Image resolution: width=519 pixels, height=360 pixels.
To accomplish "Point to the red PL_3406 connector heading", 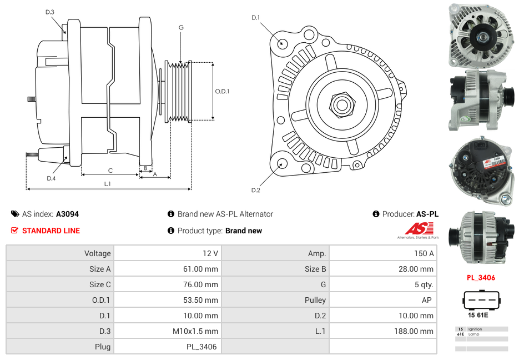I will pos(481,278).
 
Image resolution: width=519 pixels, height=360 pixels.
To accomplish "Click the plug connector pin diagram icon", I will pos(481,301).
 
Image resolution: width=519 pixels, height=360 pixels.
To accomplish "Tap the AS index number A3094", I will pos(67,214).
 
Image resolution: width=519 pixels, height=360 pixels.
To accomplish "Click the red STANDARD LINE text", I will pos(51,231).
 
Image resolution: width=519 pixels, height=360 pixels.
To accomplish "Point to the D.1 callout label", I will pos(255,18).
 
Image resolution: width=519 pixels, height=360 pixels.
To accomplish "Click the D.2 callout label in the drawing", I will pos(255,191).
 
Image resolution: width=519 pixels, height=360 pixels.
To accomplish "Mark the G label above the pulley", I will pos(181,27).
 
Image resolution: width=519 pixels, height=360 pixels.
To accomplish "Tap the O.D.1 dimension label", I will pos(222,92).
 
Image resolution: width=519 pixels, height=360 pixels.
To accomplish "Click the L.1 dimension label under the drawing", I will pos(108,184).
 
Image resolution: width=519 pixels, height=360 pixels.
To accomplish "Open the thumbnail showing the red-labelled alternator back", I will pos(481,173).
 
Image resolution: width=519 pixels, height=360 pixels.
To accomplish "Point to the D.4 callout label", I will pos(51,178).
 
